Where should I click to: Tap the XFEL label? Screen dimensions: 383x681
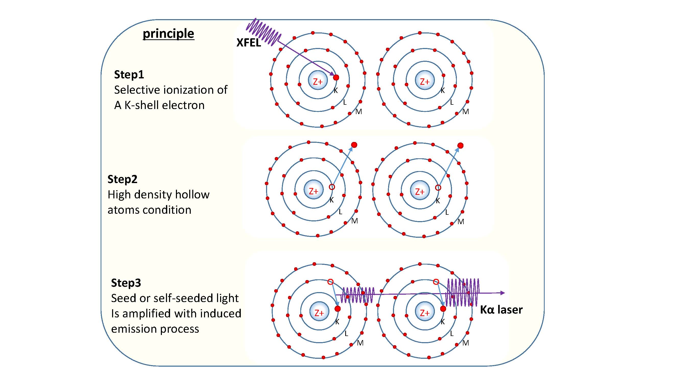(x=248, y=43)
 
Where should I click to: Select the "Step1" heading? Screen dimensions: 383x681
(x=129, y=75)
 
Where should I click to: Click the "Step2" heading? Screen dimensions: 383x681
(x=122, y=179)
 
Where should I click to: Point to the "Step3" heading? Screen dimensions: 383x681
(x=126, y=283)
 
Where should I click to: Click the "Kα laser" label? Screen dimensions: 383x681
(x=501, y=310)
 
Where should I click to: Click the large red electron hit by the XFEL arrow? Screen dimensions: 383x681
(x=336, y=77)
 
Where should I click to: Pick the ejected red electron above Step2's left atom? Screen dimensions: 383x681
(x=354, y=145)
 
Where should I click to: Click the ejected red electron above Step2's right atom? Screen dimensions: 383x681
(x=461, y=145)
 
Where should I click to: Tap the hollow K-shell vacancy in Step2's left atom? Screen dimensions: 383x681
(x=332, y=187)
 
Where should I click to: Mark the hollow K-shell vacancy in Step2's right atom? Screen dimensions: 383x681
(x=438, y=188)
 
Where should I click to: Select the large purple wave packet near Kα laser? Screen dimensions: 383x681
(x=463, y=292)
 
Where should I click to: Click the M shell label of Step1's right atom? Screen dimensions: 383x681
(x=465, y=112)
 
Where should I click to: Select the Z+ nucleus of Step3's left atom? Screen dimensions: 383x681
(x=319, y=313)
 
